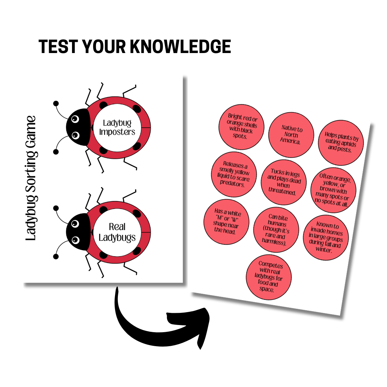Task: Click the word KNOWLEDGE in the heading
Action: click(x=180, y=46)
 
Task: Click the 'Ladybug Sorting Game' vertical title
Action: click(x=31, y=178)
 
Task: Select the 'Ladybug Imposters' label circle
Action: click(x=117, y=128)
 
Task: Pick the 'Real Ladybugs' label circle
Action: click(x=117, y=232)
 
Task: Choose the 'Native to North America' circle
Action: click(x=291, y=135)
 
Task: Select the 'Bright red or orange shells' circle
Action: click(x=242, y=127)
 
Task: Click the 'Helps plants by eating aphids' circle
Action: click(x=341, y=143)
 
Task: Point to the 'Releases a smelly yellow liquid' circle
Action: click(x=234, y=174)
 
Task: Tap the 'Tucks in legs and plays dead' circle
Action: click(x=283, y=182)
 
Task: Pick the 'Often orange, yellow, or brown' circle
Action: click(x=333, y=190)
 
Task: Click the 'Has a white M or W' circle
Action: click(x=226, y=222)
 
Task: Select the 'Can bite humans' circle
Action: click(x=276, y=230)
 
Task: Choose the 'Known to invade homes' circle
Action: click(x=326, y=238)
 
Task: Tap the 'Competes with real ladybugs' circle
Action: click(x=269, y=277)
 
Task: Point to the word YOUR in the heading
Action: click(x=104, y=46)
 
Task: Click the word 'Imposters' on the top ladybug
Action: click(x=117, y=132)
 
